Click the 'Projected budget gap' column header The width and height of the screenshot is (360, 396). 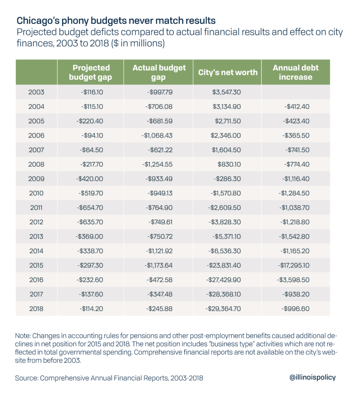click(90, 72)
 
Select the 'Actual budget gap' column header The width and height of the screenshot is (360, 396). click(159, 72)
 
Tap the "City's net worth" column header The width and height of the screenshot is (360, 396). click(227, 72)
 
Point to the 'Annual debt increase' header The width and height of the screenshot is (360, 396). click(295, 72)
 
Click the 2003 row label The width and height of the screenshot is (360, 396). click(36, 92)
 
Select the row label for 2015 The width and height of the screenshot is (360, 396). click(36, 265)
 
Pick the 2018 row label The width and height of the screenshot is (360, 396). click(36, 309)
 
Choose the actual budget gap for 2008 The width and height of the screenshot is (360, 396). click(157, 164)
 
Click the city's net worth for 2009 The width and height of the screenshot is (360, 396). click(227, 179)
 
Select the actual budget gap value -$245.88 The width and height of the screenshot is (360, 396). click(160, 309)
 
